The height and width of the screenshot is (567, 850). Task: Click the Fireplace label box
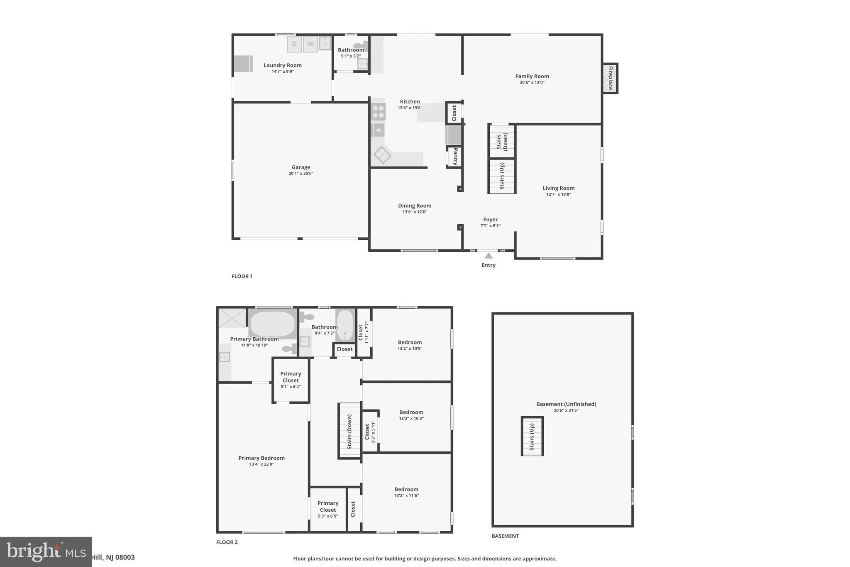coord(610,79)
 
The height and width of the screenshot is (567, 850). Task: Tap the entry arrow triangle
coord(489,256)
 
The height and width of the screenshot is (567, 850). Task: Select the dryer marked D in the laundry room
coord(294,44)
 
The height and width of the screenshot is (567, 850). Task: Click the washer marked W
coord(310,44)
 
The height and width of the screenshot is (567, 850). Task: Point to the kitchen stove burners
coord(378,112)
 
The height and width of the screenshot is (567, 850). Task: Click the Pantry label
coord(455,157)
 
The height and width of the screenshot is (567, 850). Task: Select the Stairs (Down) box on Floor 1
coord(502,142)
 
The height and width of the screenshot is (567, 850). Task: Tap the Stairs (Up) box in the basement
coord(532,437)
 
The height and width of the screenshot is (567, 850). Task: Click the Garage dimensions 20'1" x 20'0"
coord(301,174)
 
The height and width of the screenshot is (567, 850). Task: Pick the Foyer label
coord(490,220)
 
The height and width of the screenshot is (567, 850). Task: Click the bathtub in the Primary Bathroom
coord(272,324)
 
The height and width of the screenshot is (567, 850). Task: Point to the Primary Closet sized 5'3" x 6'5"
coord(328,509)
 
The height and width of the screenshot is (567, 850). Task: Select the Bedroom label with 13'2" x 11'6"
coord(406,490)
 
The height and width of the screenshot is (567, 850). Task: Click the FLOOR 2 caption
coord(227,542)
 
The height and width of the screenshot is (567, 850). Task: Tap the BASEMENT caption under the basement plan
coord(505,536)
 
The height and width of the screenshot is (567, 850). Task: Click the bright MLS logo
coord(46,552)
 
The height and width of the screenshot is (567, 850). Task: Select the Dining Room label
coord(415,206)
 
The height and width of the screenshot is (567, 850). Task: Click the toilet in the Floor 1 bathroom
coord(360,46)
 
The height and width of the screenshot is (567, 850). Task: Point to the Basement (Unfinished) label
coord(566,404)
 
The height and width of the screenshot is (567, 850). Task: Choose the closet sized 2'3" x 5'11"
coord(370,432)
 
